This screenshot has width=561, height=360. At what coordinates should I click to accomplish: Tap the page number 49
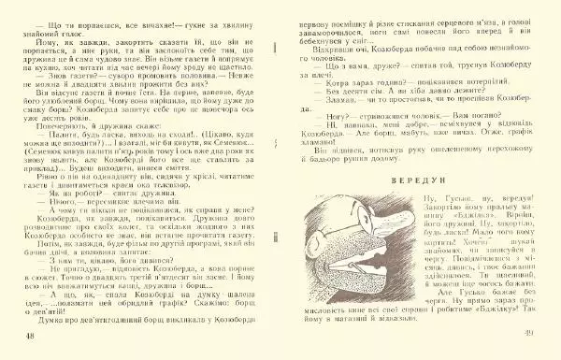[528, 335]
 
